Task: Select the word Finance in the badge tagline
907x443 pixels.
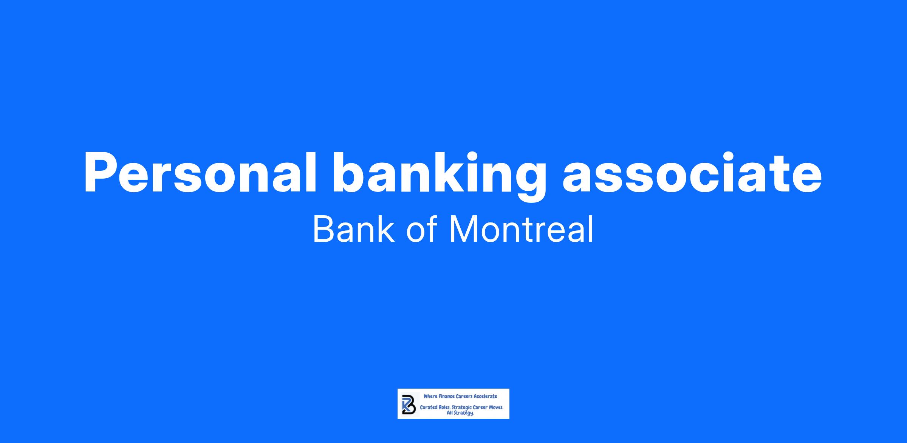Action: click(446, 396)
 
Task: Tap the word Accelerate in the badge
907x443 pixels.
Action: click(485, 396)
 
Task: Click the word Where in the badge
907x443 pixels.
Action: click(430, 396)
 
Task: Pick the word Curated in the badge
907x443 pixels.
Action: click(429, 408)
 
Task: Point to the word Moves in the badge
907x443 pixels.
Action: click(496, 408)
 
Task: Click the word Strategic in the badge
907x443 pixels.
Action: click(462, 408)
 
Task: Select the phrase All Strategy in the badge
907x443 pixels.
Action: click(460, 413)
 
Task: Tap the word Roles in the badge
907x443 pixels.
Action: click(444, 408)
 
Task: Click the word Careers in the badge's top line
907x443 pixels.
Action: click(464, 396)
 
